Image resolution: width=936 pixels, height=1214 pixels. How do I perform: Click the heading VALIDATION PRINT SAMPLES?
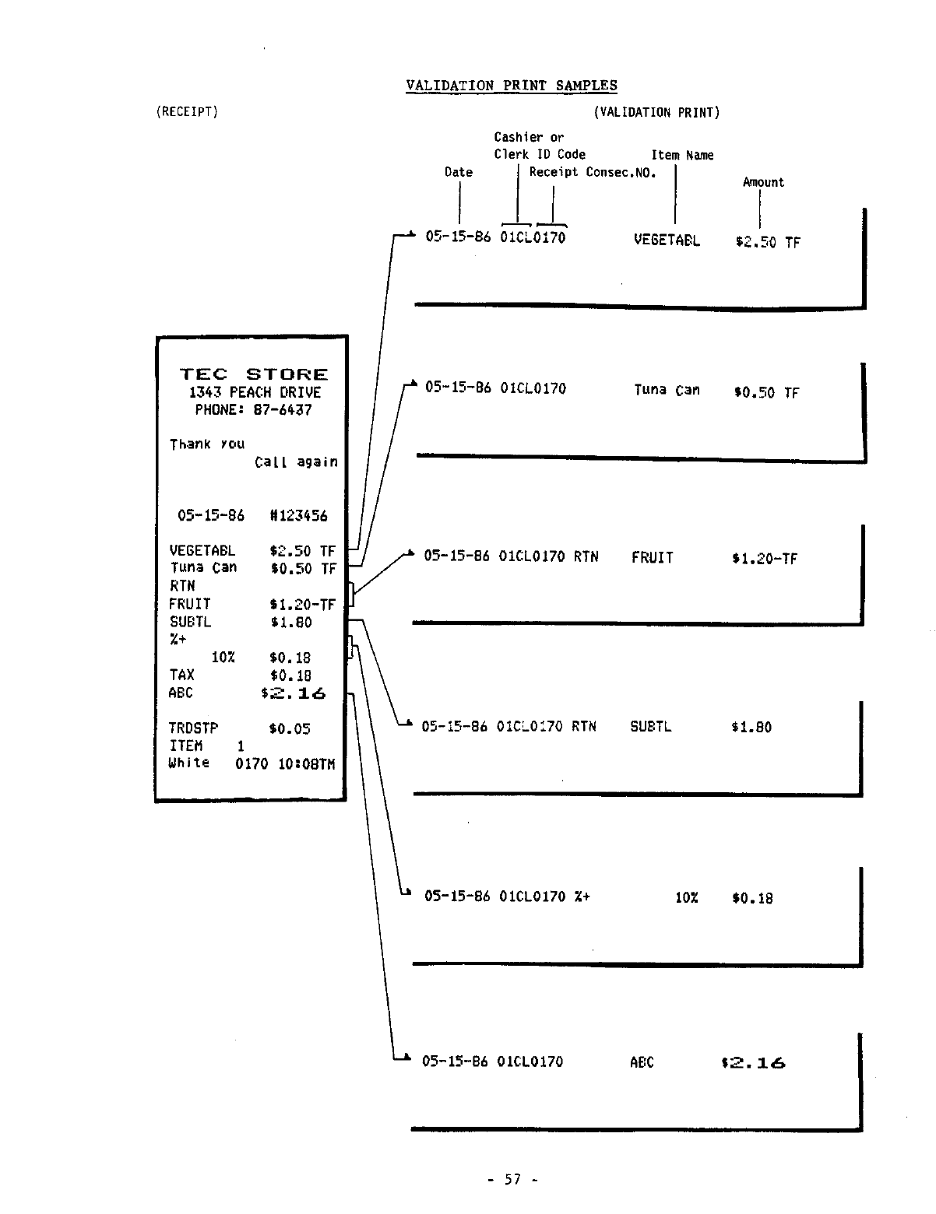pos(511,86)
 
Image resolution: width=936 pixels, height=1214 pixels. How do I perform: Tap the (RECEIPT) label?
pos(187,111)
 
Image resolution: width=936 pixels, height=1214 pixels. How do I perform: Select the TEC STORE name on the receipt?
pos(254,374)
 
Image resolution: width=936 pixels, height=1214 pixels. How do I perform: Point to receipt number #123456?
pos(298,515)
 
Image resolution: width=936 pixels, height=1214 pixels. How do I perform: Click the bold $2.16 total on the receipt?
pos(294,693)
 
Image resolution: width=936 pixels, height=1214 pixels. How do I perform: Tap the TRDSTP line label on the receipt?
pos(193,728)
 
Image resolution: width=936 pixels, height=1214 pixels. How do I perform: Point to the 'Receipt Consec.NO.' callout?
pos(593,172)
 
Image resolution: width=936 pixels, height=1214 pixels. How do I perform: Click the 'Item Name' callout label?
pos(682,155)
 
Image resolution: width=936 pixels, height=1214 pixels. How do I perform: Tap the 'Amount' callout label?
pos(763,182)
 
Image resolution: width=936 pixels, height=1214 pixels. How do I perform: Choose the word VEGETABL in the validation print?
pos(667,240)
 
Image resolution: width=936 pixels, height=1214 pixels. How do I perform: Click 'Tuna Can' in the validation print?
pos(667,390)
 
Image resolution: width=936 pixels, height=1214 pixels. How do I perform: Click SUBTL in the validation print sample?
pos(650,727)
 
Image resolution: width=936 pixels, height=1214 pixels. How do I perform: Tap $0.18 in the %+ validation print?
pos(752,898)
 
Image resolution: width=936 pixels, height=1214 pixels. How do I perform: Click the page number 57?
pos(512,1179)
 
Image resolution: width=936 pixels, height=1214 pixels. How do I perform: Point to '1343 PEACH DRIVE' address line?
pos(255,392)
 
